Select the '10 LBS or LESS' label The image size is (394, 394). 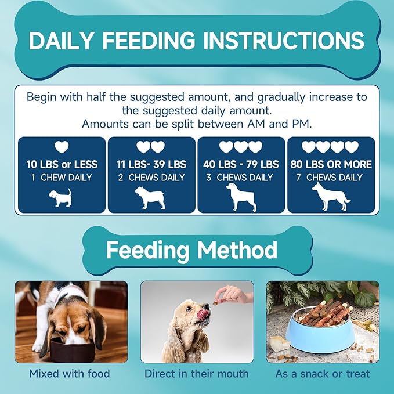coord(62,164)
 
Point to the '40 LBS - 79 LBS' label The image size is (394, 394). coord(241,164)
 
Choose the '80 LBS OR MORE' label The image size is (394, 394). coord(331,164)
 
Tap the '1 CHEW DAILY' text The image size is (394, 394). coord(62,178)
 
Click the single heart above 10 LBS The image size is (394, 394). coord(62,147)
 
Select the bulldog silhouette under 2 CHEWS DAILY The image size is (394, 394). coord(150,197)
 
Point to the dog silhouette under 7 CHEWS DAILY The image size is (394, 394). coord(330,196)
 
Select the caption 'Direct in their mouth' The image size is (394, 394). coord(196,374)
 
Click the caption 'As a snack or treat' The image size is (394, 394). coord(322,374)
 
